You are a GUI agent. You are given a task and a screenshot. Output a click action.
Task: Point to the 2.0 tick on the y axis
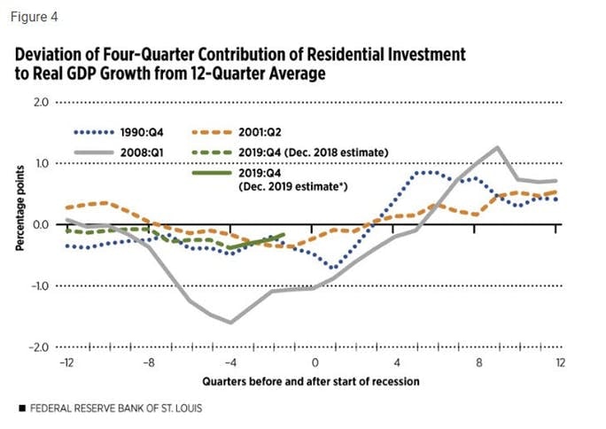(x=39, y=102)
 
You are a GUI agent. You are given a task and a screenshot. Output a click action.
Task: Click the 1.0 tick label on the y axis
(x=39, y=163)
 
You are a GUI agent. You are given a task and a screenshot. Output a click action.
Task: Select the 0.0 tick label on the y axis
(x=39, y=224)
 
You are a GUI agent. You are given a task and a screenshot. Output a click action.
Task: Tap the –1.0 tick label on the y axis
(x=37, y=285)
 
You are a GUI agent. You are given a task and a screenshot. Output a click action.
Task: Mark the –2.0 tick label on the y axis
(x=37, y=347)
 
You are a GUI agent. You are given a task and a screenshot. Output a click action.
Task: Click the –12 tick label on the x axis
(x=66, y=363)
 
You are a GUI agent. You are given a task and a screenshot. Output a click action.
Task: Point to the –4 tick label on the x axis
(x=230, y=363)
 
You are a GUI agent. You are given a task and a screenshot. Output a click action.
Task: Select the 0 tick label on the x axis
(x=314, y=363)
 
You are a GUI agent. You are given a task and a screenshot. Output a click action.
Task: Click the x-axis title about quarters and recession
(x=310, y=381)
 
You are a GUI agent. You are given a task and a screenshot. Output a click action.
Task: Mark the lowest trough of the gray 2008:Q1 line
(x=230, y=323)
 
